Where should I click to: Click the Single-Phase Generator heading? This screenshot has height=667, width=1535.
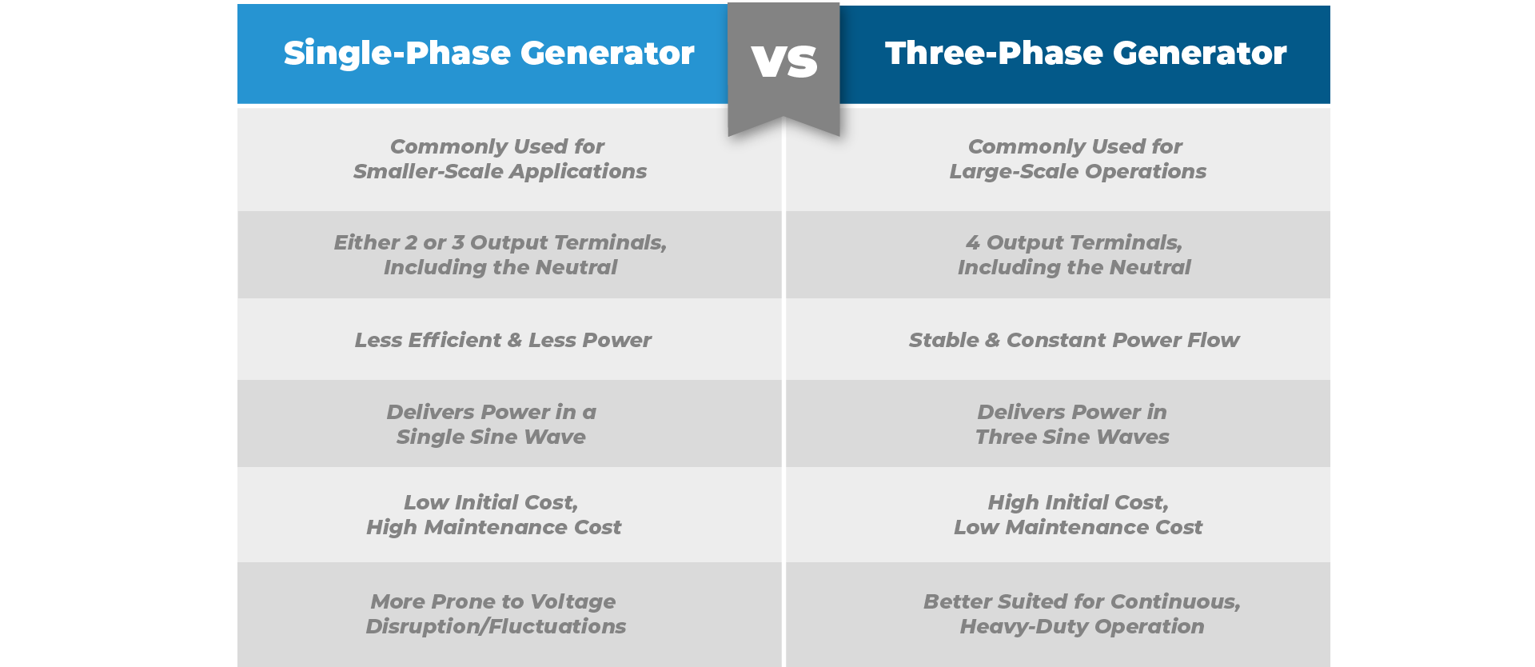coord(489,54)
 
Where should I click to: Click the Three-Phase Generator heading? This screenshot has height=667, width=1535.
coord(1086,54)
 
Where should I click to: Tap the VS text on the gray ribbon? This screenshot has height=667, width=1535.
coord(784,62)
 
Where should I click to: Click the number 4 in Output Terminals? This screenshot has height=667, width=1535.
coord(972,242)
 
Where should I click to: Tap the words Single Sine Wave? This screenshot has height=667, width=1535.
coord(491,437)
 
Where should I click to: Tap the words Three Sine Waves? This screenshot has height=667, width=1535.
coord(1072,437)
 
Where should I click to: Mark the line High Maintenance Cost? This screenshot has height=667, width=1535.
coord(493,527)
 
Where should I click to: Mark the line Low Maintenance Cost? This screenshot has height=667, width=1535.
coord(1078,527)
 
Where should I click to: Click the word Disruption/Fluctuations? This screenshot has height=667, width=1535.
coord(496,626)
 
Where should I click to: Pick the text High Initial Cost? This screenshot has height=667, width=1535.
coord(1078,502)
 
